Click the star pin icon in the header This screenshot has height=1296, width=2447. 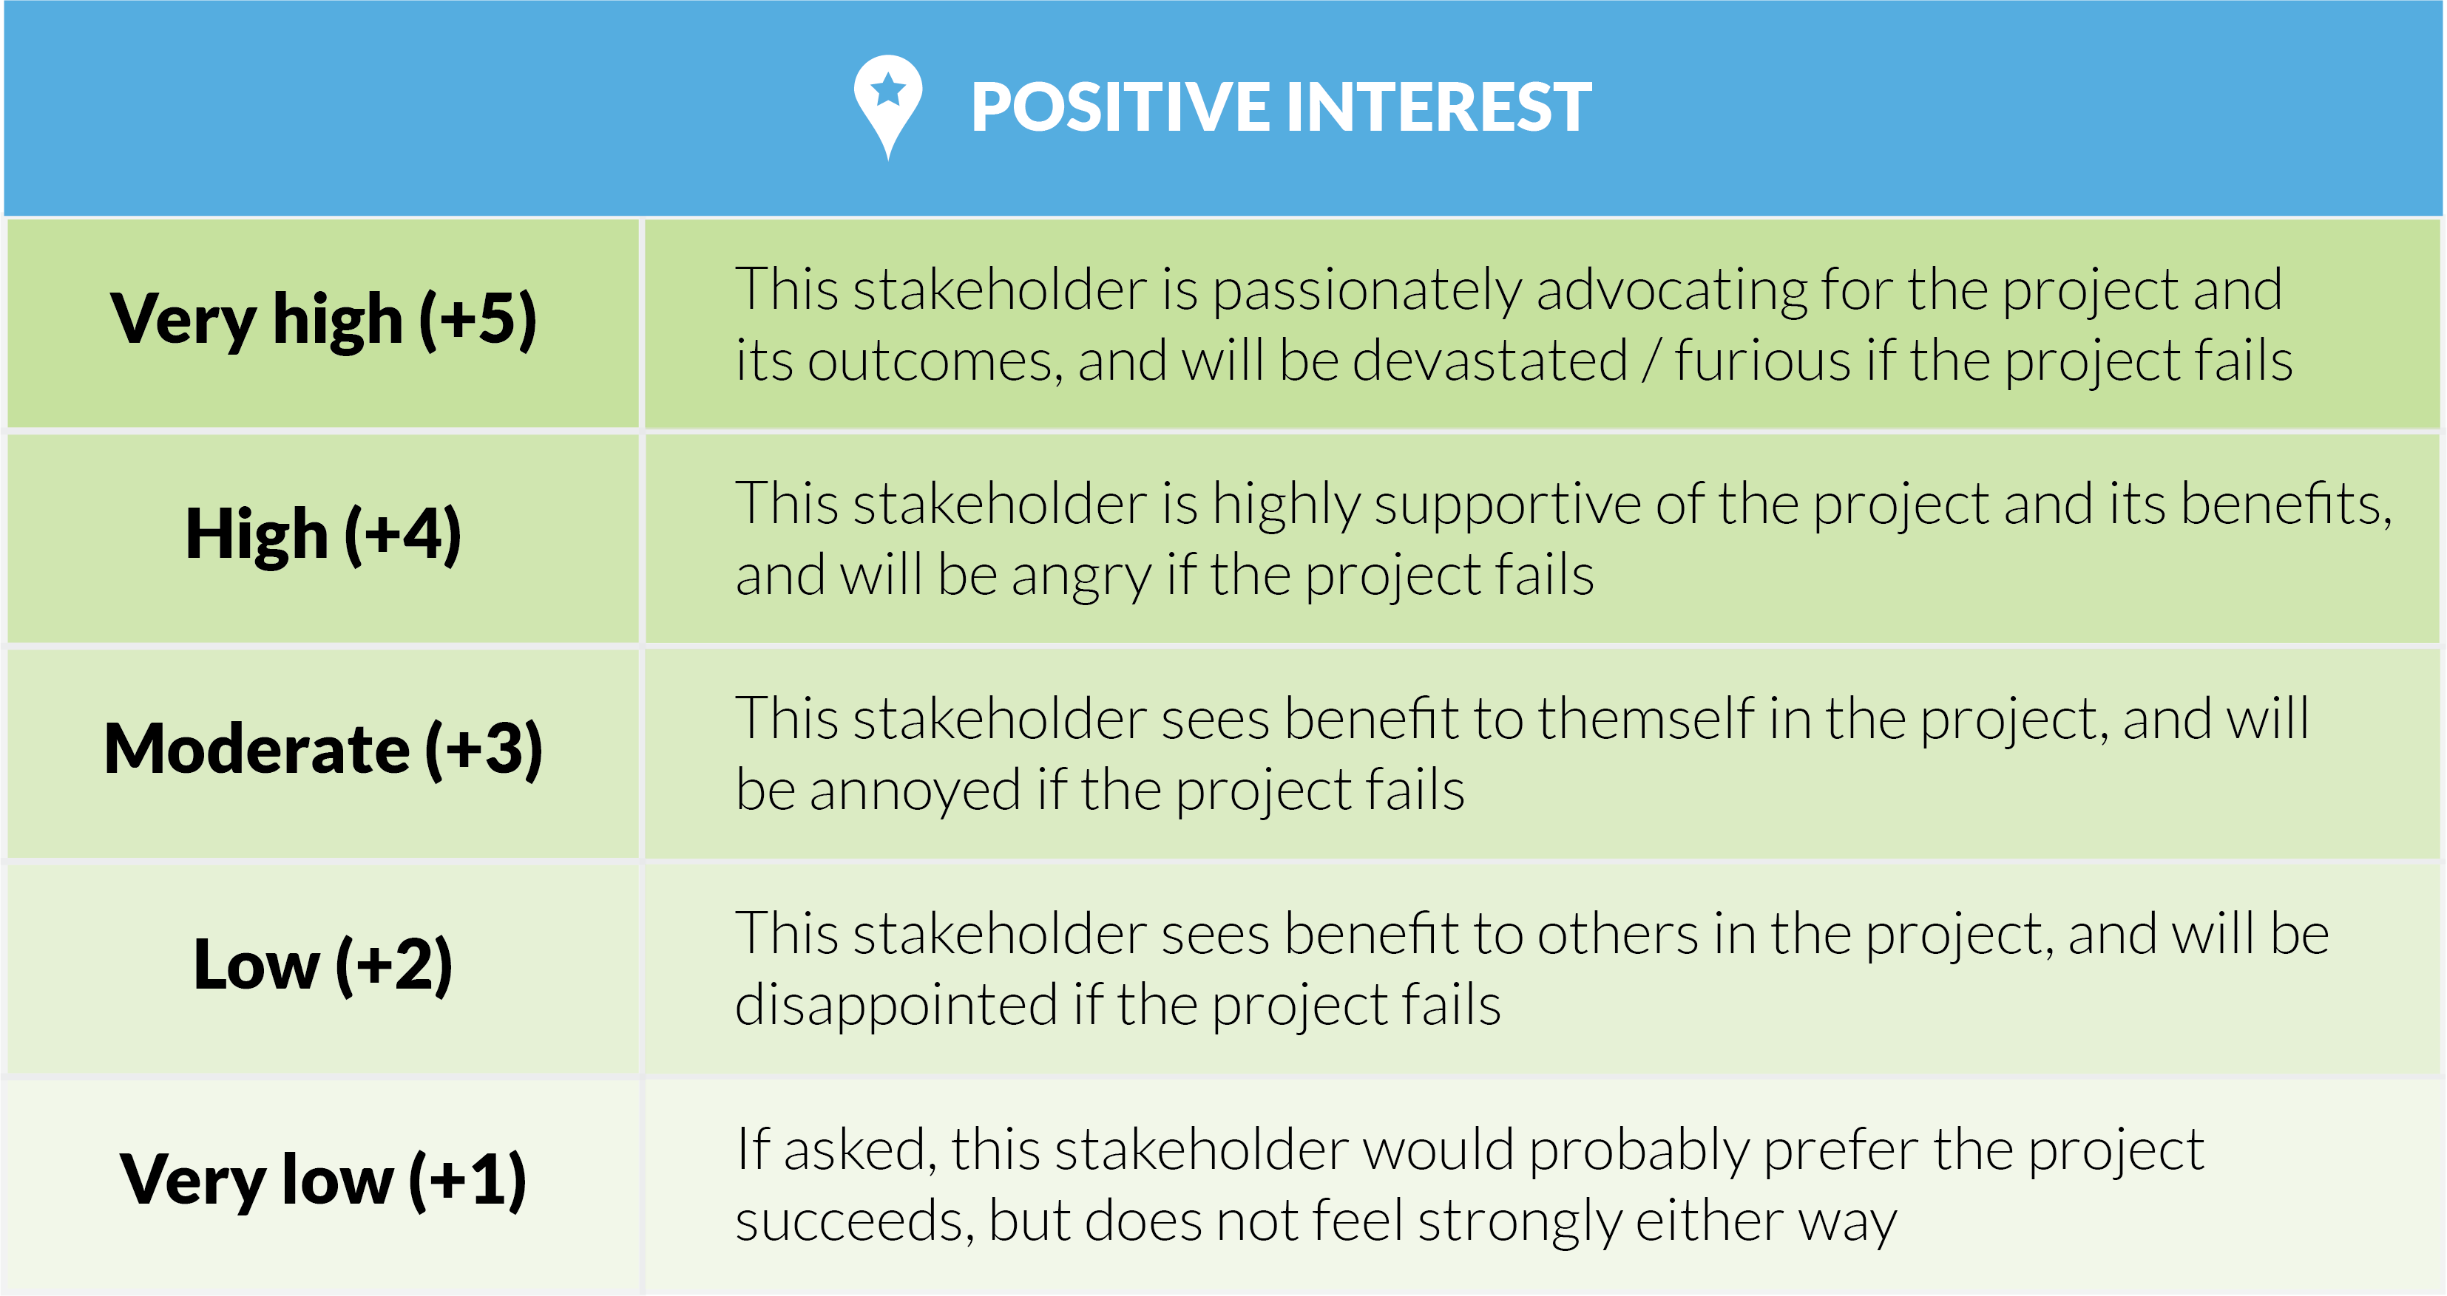tap(887, 103)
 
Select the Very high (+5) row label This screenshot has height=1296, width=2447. tap(323, 320)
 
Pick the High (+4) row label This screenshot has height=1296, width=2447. tap(323, 534)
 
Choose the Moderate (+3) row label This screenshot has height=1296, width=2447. tap(323, 750)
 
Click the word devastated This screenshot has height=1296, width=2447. tap(1489, 363)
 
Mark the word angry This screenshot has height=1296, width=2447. tap(1081, 577)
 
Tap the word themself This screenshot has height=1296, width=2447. tap(1645, 720)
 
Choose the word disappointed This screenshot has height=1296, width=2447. tap(896, 1006)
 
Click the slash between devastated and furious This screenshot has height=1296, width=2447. tap(1652, 363)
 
